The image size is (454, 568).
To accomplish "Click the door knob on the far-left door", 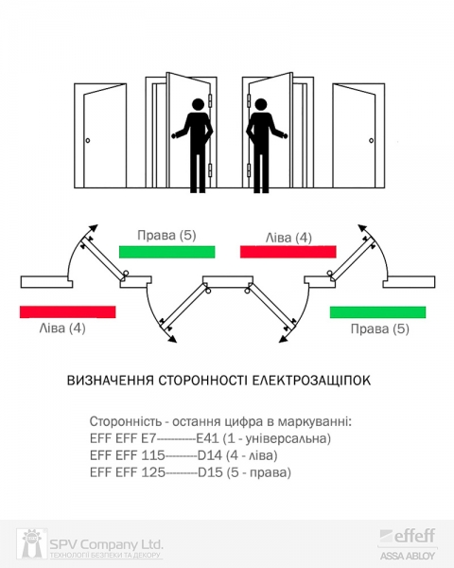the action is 88,140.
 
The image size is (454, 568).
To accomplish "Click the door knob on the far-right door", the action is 371,140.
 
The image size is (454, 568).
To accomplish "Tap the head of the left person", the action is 198,104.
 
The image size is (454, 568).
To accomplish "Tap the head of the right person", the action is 261,104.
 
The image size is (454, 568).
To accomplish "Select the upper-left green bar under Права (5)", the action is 166,252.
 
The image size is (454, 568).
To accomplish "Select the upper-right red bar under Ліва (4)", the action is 288,252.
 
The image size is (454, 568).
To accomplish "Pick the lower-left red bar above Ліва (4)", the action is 68,311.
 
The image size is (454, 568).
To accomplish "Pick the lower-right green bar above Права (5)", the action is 377,311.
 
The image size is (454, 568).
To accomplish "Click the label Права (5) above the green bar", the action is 166,236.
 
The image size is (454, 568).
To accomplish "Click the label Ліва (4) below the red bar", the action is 62,328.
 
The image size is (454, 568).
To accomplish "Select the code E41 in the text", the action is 207,438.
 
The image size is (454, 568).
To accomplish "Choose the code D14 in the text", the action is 210,455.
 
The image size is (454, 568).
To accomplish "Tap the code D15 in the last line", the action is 210,472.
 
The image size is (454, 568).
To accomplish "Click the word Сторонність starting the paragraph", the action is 126,421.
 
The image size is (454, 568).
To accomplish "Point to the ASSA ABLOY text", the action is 408,556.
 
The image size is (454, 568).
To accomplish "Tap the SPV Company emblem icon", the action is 31,543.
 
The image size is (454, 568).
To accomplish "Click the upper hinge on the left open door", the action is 210,100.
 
